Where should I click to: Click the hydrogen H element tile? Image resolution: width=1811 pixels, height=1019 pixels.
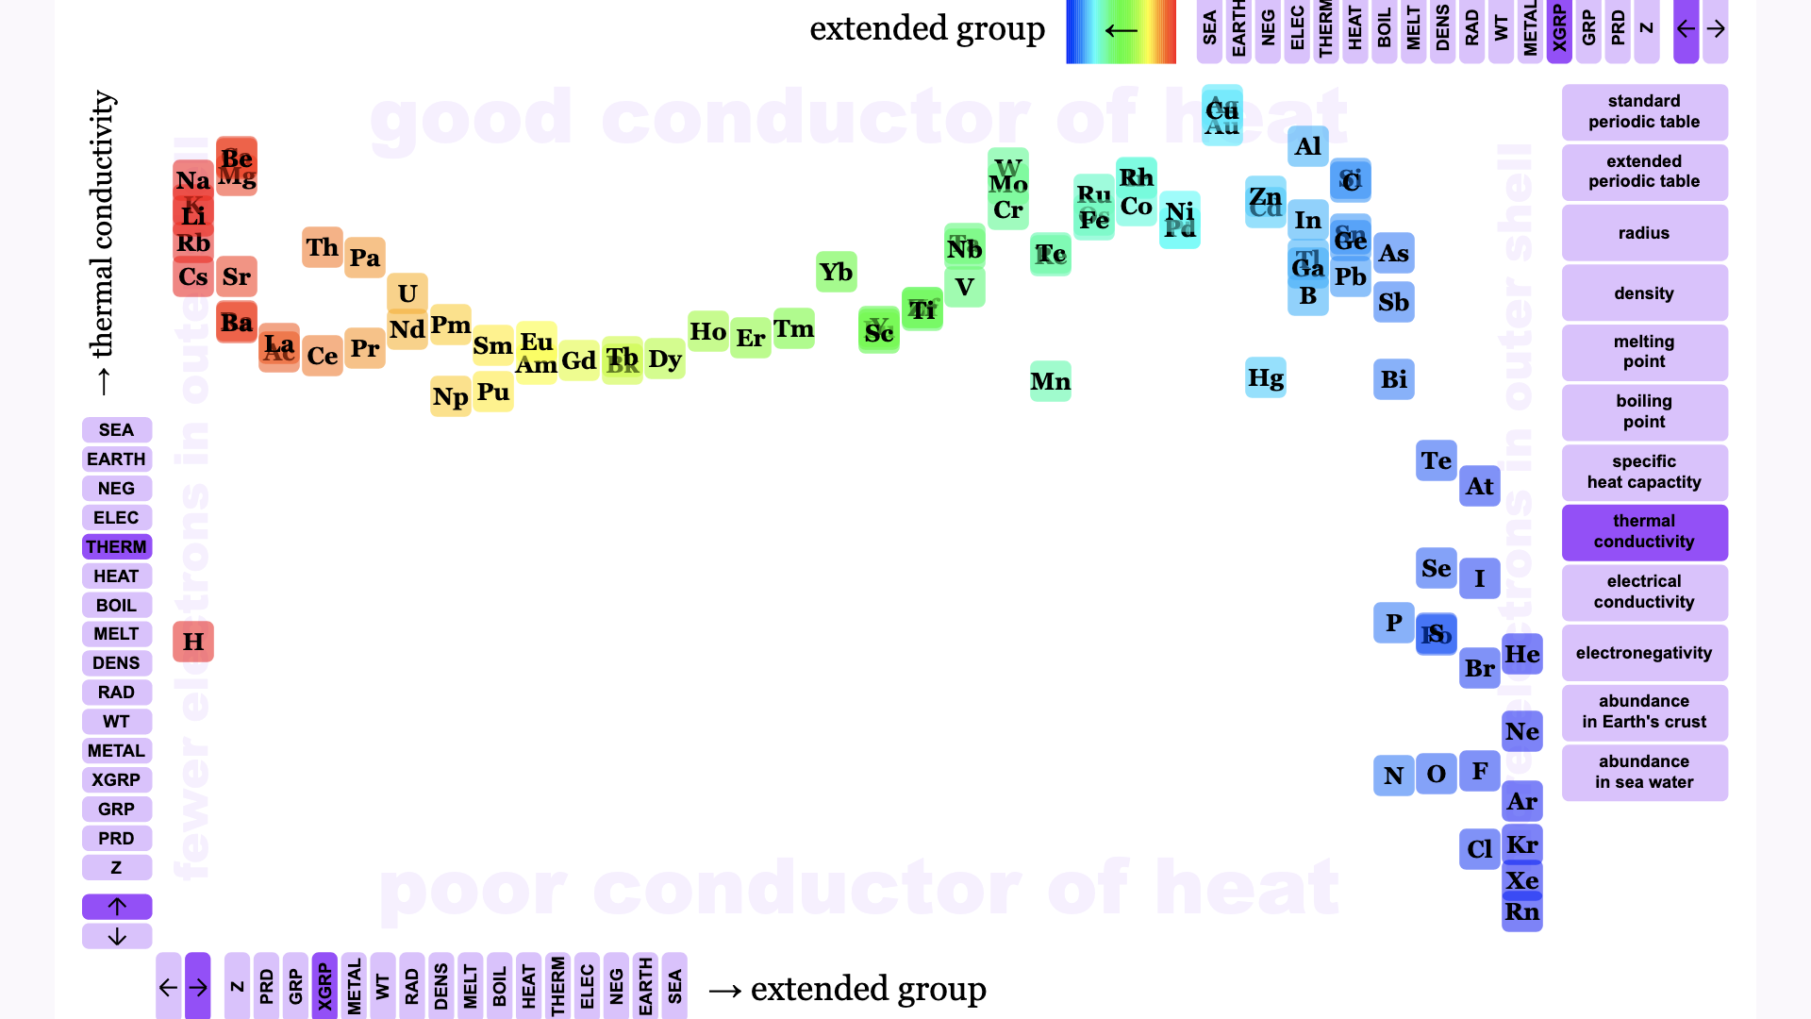(193, 642)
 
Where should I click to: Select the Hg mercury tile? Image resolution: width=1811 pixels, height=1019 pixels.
(1265, 378)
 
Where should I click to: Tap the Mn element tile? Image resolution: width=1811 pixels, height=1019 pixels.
(1050, 381)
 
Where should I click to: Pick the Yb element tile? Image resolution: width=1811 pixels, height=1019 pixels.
(836, 272)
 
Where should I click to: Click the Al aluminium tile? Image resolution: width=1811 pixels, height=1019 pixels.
(1307, 146)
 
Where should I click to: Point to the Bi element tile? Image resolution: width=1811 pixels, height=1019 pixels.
(1393, 379)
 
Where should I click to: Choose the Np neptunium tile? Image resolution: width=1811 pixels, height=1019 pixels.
(450, 397)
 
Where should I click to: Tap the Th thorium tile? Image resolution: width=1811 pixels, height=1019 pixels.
(322, 247)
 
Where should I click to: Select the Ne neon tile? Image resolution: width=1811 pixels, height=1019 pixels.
(1521, 731)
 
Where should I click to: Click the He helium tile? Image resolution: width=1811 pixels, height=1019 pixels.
(1521, 654)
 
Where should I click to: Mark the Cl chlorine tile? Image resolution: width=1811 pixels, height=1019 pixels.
(1479, 849)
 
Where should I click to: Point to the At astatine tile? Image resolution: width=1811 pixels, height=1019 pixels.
(1479, 486)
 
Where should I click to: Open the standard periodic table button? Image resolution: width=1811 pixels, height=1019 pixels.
(1644, 111)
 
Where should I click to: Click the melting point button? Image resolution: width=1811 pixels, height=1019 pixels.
(1644, 352)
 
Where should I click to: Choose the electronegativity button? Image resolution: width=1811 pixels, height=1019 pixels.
(1644, 653)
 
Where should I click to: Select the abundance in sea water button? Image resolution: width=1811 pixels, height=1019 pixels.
(1644, 773)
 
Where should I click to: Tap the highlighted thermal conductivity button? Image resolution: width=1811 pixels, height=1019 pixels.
(1644, 532)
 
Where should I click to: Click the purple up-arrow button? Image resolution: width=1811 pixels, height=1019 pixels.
(117, 907)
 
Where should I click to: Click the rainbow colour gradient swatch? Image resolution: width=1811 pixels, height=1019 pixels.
(1121, 31)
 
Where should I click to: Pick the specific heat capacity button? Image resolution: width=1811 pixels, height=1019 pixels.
(1644, 472)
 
